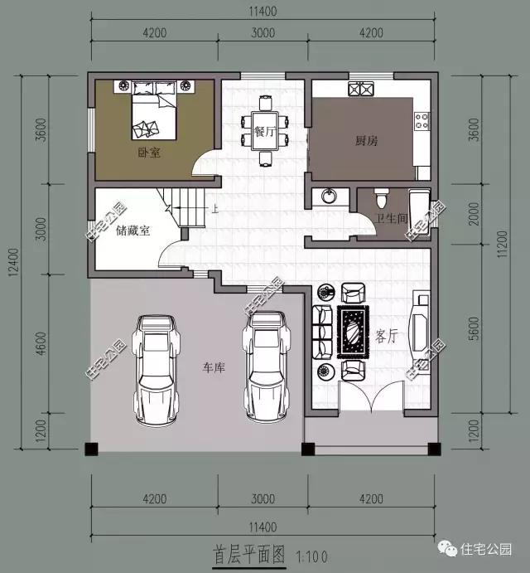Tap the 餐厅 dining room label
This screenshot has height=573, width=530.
264,132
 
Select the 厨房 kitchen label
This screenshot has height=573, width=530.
366,141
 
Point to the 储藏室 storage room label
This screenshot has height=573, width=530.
133,231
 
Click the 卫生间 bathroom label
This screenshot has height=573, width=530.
392,219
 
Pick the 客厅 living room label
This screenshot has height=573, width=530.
388,337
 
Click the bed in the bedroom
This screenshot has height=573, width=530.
152,115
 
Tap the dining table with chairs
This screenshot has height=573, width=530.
266,129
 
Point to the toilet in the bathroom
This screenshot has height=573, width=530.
381,199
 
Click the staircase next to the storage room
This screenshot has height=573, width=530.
185,207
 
